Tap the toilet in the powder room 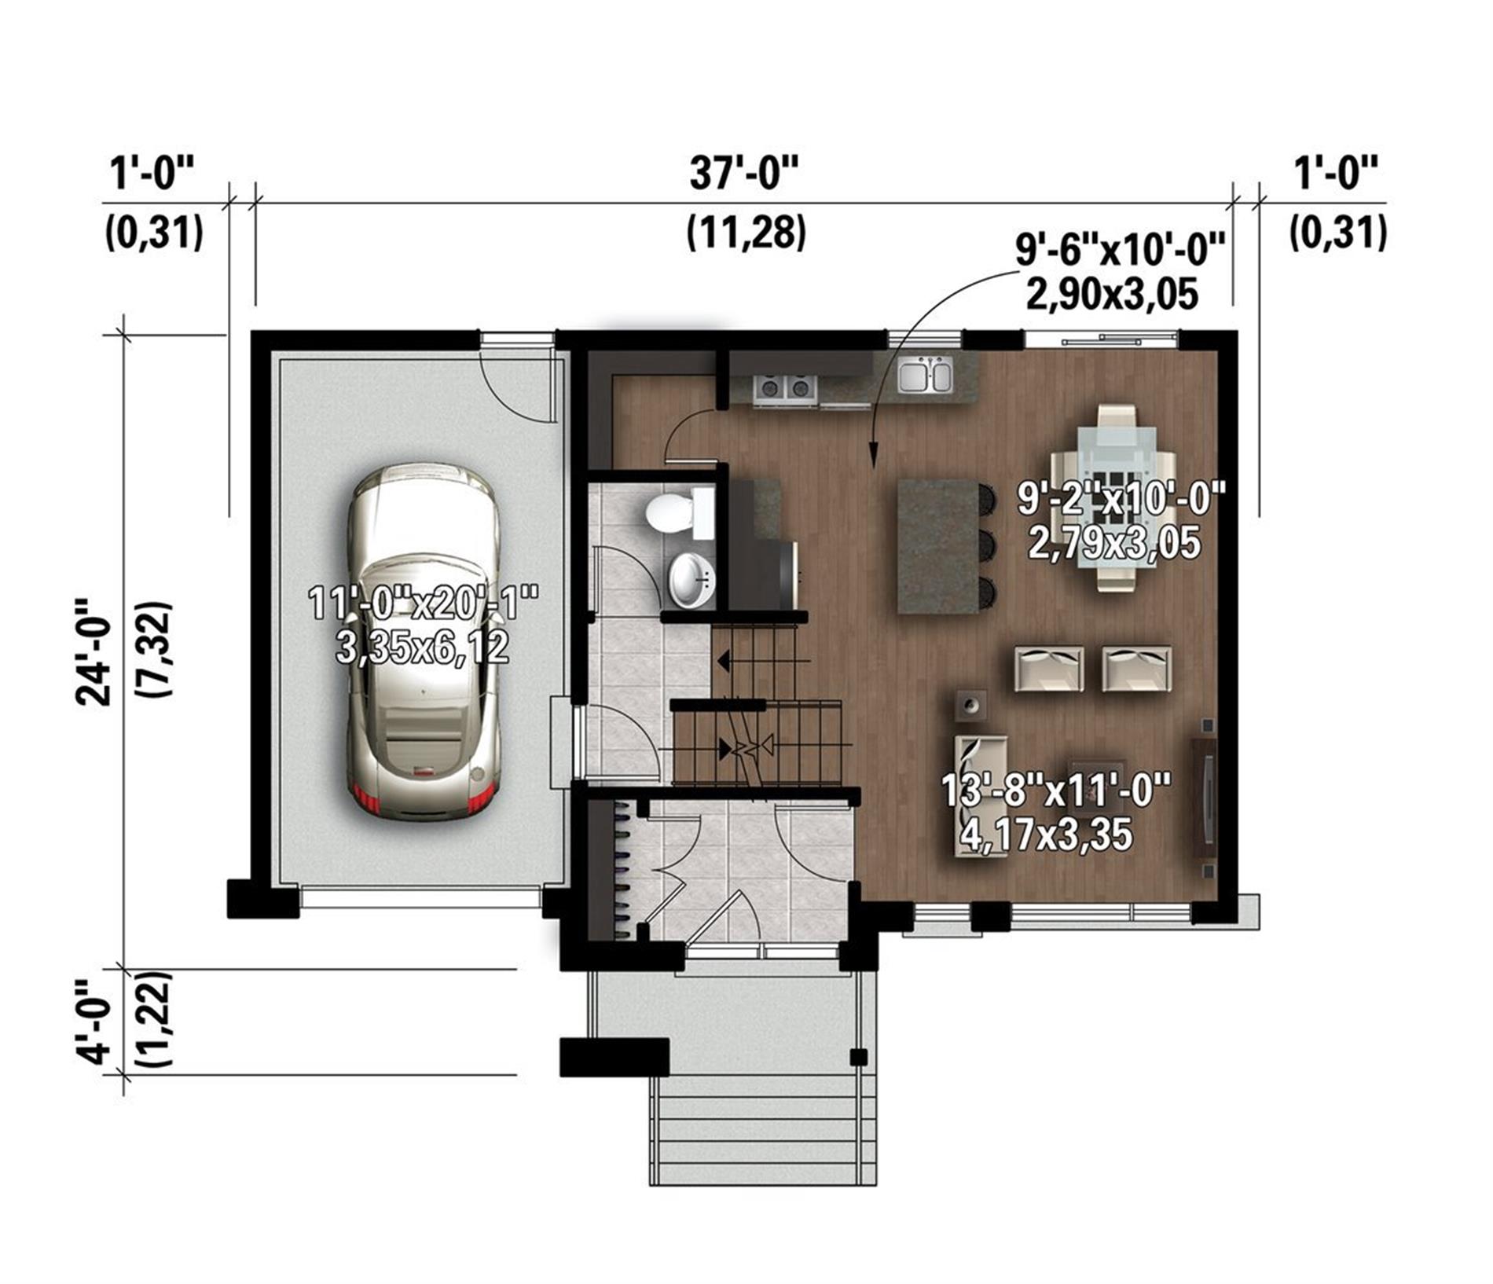tap(680, 512)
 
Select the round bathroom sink tap(691, 580)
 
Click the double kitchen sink tap(925, 375)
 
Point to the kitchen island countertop tap(937, 547)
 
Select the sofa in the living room tap(981, 796)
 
